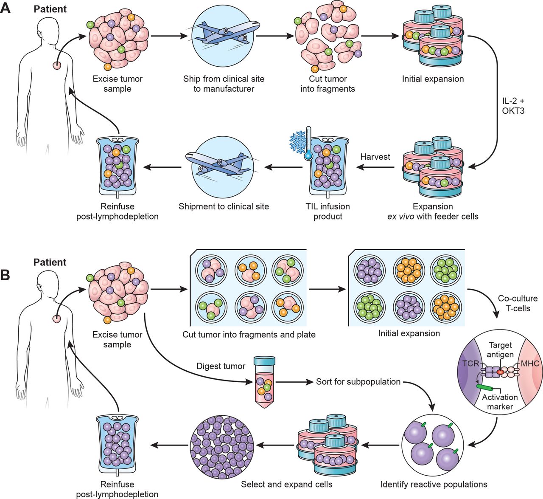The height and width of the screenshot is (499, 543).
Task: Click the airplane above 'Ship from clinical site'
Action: click(224, 36)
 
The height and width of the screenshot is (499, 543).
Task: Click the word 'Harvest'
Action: click(375, 157)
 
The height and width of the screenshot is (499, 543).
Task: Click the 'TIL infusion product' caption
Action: click(328, 211)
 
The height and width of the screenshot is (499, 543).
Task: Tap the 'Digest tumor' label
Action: click(221, 366)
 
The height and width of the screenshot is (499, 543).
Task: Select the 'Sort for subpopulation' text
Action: click(358, 382)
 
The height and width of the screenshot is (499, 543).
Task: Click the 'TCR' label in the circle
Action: click(470, 364)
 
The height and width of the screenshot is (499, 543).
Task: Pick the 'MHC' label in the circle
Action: click(530, 364)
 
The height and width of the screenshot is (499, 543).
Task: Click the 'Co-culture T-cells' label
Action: click(518, 303)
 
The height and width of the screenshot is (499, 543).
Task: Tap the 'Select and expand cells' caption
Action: click(286, 484)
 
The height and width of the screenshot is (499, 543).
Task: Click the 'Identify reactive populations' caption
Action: click(434, 484)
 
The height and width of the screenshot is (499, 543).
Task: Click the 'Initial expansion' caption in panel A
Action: click(433, 79)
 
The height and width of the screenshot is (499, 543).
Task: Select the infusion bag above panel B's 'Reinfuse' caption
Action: click(117, 445)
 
